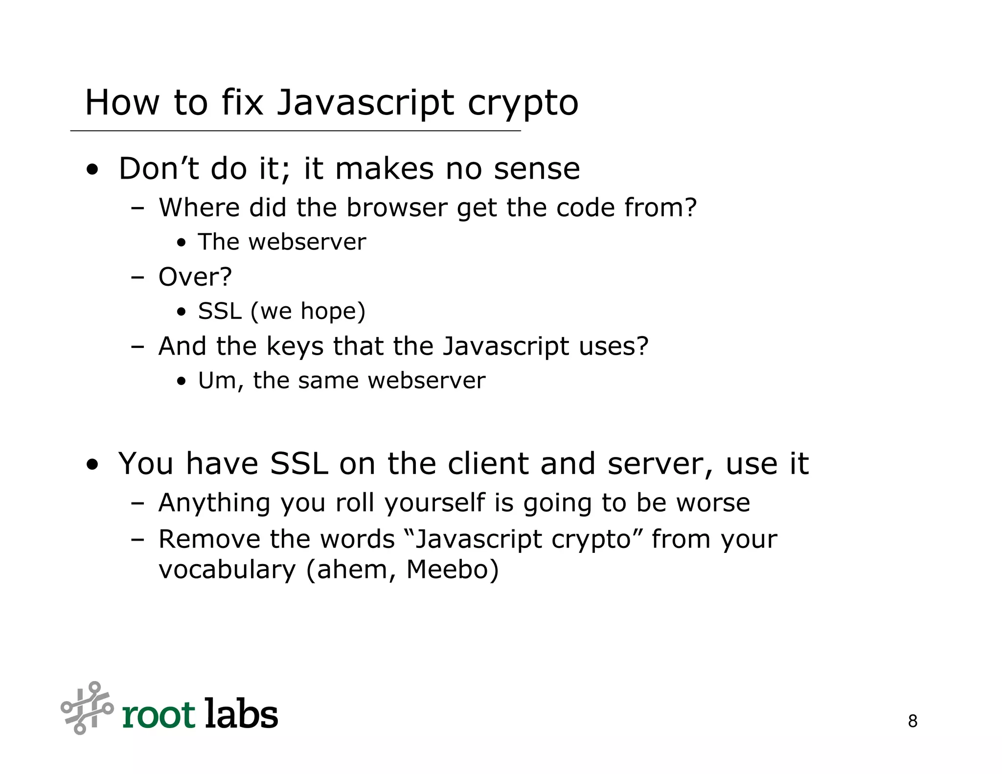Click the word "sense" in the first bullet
tap(537, 170)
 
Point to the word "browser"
tap(397, 207)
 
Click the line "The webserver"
tap(282, 242)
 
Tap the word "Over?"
tap(195, 277)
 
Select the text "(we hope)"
tap(308, 312)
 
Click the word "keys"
tap(295, 347)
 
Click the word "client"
tap(488, 463)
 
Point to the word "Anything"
tap(214, 503)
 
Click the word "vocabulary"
tap(227, 570)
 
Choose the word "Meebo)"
tap(453, 570)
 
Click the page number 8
tap(912, 721)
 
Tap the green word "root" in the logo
tap(159, 715)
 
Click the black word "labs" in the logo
tap(241, 714)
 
